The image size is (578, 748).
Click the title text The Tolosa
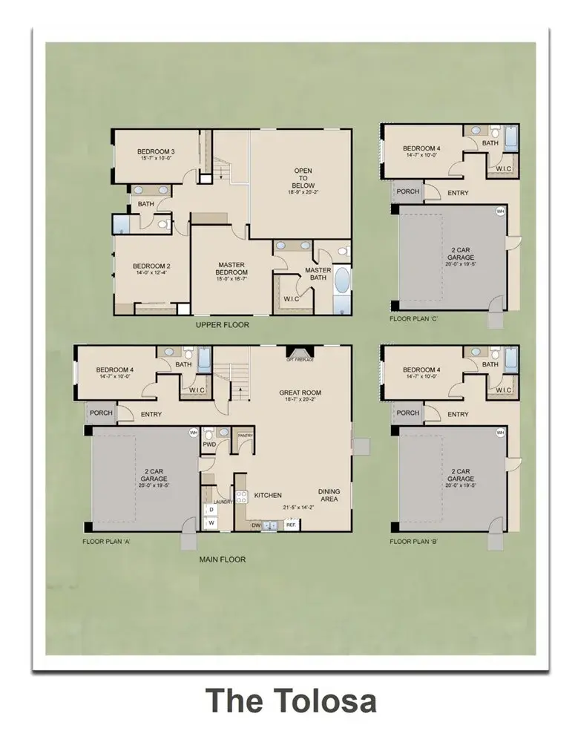coord(290,701)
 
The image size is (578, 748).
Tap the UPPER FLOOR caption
coord(222,325)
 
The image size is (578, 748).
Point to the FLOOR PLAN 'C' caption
coord(416,319)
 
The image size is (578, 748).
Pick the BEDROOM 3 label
coord(156,151)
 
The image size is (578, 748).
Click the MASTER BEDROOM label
coord(232,268)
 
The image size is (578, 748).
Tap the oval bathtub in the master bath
coord(342,283)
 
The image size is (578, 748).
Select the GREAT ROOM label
coord(301,393)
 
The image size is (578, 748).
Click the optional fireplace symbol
coord(300,353)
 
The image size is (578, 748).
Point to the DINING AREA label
coord(329,495)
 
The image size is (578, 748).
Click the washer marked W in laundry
coord(211,522)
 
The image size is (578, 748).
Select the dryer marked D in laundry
coord(211,510)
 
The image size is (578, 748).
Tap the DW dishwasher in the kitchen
coord(255,525)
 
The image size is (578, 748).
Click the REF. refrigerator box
coord(291,525)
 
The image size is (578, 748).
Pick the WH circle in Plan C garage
coord(499,211)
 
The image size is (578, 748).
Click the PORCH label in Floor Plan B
coord(407,413)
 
